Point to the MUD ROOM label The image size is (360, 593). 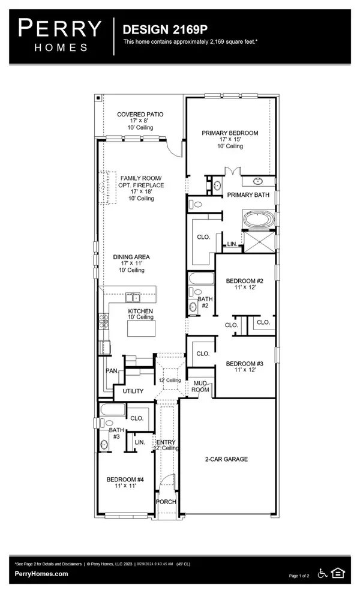tap(200, 386)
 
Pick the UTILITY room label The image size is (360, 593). tap(133, 391)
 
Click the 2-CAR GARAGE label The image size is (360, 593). tap(227, 459)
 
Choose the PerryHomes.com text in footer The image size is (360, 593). tap(41, 574)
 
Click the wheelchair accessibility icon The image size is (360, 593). tap(323, 573)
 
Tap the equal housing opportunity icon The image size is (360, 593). tap(338, 573)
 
